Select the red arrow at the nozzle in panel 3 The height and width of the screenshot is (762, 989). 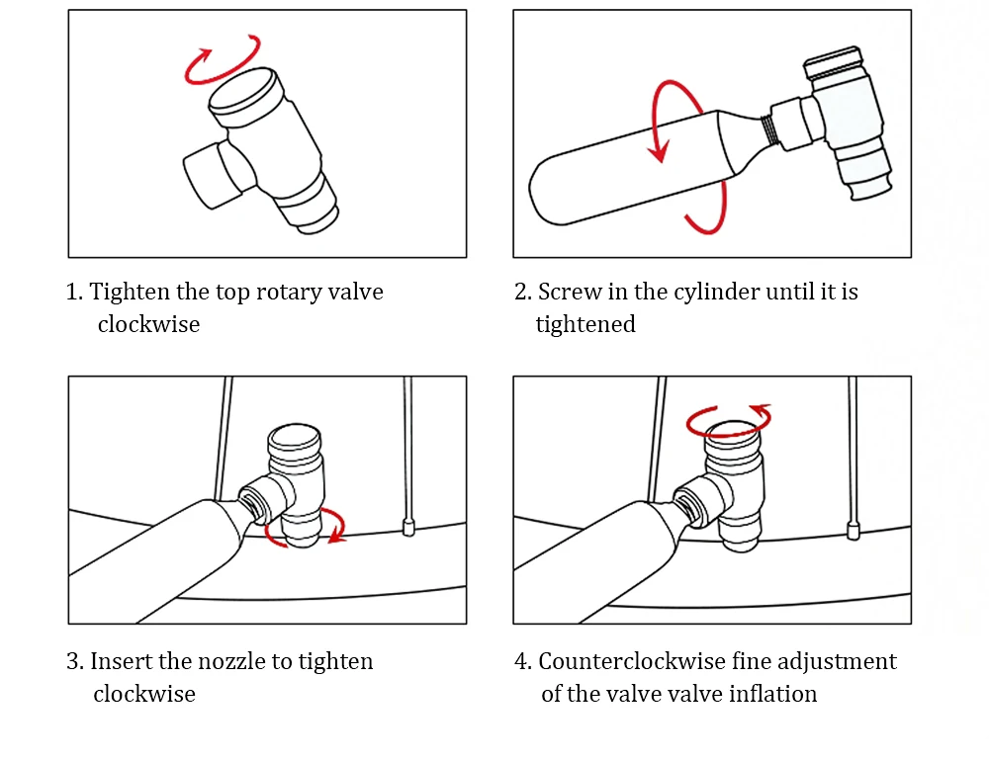[331, 529]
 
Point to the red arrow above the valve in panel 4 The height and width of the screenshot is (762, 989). [729, 419]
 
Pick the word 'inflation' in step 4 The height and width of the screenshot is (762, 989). [773, 694]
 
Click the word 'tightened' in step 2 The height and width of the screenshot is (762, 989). [585, 324]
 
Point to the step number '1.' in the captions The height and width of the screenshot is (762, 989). [74, 293]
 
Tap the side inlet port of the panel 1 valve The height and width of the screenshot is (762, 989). [206, 174]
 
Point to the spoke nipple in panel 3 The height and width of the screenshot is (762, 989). [407, 524]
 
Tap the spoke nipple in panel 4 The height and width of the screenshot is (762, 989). [853, 524]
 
